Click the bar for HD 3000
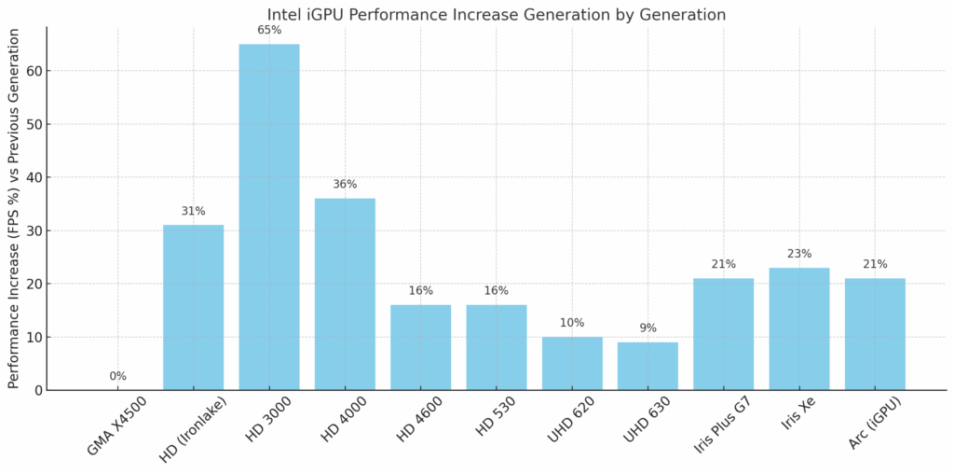[x=269, y=217]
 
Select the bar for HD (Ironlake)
[x=193, y=308]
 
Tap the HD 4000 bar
[x=345, y=294]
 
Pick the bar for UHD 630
[x=647, y=366]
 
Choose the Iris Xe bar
[x=799, y=328]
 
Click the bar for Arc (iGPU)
[x=875, y=334]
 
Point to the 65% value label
[x=269, y=30]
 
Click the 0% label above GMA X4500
[x=118, y=376]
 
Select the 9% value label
[x=647, y=328]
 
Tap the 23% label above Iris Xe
[x=799, y=254]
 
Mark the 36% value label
[x=345, y=184]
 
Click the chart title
[x=496, y=14]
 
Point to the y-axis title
[x=13, y=208]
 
